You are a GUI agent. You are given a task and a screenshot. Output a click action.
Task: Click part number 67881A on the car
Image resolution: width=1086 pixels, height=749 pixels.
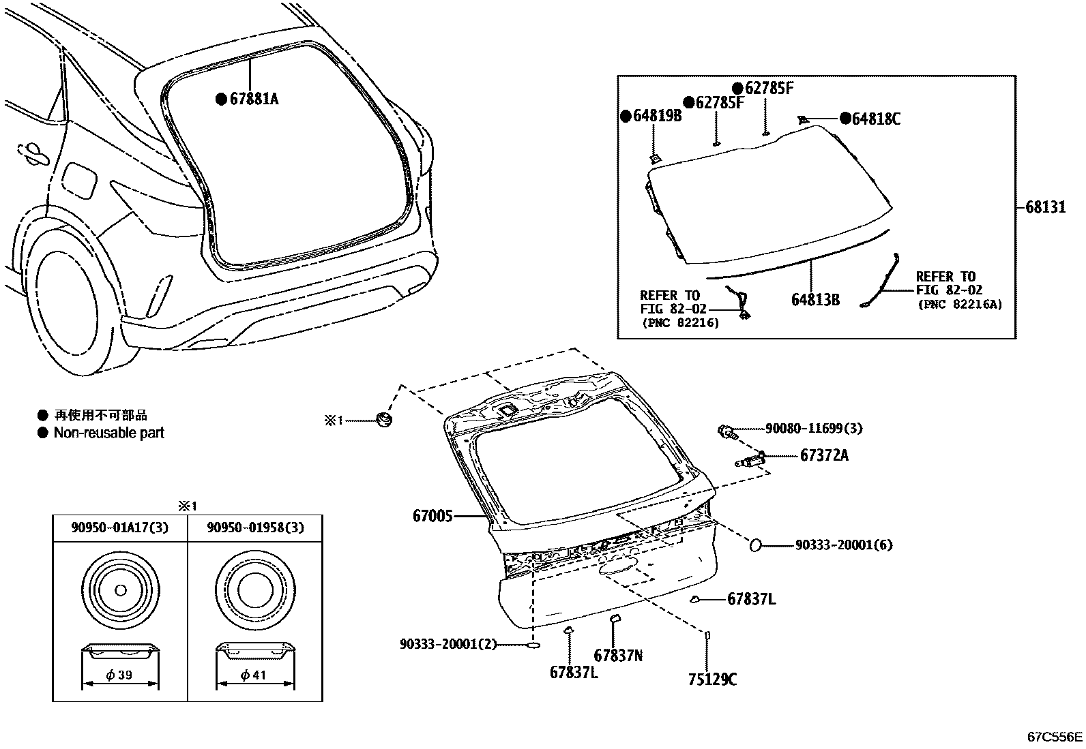tap(254, 99)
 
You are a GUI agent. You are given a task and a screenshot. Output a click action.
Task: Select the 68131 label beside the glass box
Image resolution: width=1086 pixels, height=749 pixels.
tap(1045, 207)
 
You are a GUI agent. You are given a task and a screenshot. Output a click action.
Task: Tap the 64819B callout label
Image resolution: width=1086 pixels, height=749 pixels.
tap(658, 116)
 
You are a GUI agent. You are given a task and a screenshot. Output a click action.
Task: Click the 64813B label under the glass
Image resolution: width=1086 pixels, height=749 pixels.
tap(815, 299)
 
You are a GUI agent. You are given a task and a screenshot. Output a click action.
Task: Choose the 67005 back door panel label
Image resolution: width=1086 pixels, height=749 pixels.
tap(432, 516)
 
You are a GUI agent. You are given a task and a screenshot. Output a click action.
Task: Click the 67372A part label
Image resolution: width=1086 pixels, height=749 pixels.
tap(824, 455)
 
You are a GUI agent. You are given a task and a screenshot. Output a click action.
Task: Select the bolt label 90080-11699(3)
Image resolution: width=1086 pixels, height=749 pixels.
tap(814, 429)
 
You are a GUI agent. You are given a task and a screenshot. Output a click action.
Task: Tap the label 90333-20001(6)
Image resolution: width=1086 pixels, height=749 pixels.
tap(844, 545)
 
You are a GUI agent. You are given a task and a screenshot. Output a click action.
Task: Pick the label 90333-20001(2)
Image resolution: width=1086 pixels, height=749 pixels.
tap(448, 643)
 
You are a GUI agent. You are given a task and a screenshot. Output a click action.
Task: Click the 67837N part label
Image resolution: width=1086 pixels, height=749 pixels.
tap(618, 656)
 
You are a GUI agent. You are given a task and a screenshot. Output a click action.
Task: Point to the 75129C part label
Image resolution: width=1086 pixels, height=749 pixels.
tap(712, 679)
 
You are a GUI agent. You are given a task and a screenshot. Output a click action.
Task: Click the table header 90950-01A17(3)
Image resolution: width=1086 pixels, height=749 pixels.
tap(120, 528)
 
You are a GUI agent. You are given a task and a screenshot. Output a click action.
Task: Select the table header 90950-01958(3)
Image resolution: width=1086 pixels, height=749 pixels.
tap(255, 528)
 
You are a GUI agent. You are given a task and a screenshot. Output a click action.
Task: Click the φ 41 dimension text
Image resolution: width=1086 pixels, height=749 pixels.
tap(253, 675)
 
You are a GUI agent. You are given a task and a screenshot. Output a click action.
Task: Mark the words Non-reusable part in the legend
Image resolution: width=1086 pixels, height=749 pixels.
tap(109, 433)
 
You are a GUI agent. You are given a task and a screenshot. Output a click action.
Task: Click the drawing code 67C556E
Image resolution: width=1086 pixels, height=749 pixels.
tap(1055, 737)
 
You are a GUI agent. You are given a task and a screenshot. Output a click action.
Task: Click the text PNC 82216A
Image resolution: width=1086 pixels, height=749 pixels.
tap(960, 305)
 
